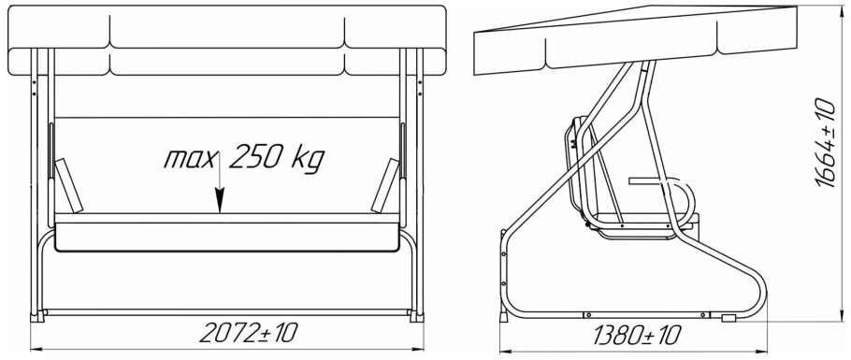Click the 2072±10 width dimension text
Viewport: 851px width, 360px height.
coord(249,332)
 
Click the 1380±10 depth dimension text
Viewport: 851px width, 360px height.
coord(636,335)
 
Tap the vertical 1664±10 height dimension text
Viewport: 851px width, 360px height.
coord(826,143)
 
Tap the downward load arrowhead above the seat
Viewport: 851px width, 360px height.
coord(219,201)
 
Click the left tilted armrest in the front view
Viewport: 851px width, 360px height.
coord(69,185)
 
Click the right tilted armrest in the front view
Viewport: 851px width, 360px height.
coord(385,185)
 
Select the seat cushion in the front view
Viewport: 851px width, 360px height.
coord(227,237)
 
